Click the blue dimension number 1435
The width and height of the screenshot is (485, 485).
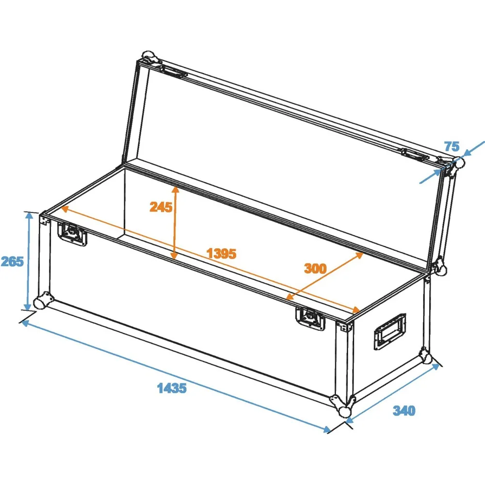[172, 388]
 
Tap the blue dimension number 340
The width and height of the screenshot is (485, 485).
[404, 410]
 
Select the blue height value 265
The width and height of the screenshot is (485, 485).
[12, 261]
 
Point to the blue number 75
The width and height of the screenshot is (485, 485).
[452, 146]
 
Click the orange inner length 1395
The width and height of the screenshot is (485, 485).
[222, 253]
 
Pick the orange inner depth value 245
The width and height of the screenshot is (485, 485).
[161, 207]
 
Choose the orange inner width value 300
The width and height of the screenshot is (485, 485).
[315, 268]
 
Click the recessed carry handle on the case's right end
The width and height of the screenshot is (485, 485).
[390, 332]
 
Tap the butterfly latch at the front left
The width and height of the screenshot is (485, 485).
[72, 234]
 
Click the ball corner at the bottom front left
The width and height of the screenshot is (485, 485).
[42, 301]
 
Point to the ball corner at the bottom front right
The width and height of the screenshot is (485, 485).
[343, 406]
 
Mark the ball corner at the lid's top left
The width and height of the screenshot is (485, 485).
[150, 57]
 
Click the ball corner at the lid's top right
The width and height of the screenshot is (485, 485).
[458, 162]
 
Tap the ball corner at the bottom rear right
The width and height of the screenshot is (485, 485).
[426, 356]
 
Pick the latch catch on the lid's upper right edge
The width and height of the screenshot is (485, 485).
[415, 154]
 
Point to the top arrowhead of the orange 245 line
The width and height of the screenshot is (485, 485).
[176, 190]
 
